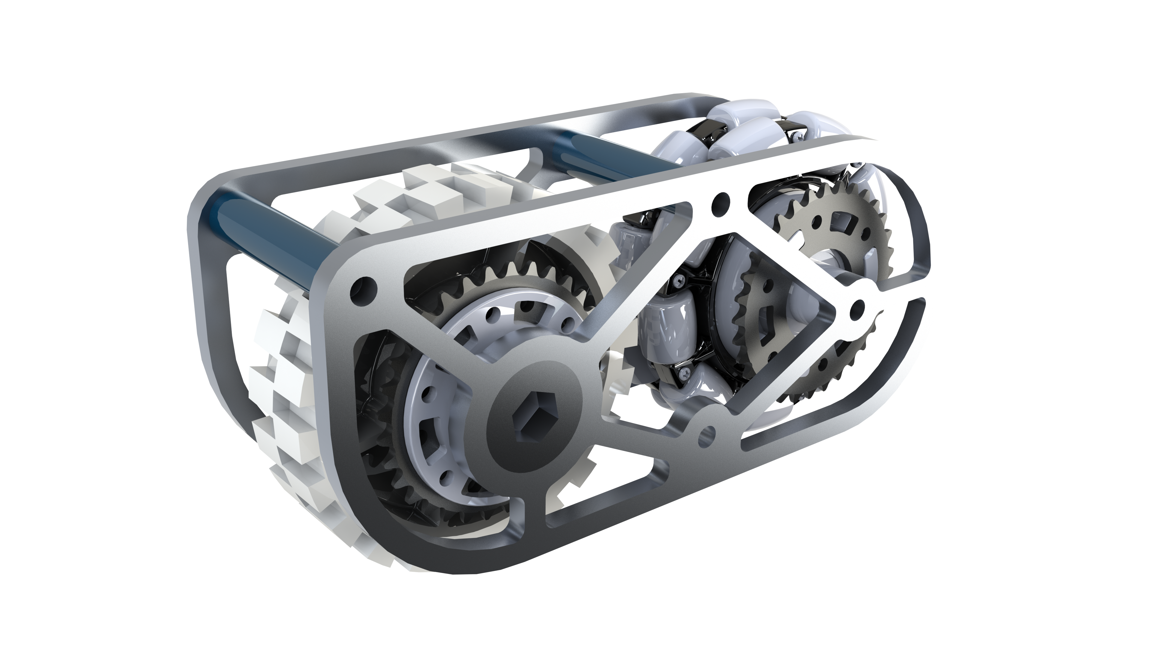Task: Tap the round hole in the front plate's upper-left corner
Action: (362, 286)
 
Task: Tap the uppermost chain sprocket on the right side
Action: (830, 228)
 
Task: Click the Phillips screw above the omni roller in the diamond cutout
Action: (680, 280)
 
